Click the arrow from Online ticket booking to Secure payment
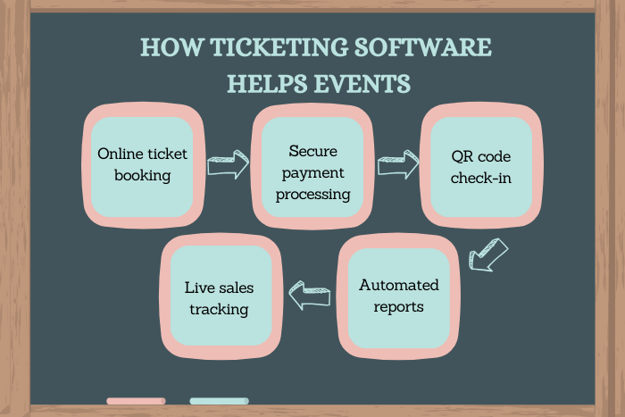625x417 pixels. click(228, 165)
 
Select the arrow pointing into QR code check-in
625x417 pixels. click(398, 165)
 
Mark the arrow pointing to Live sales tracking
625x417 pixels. click(309, 295)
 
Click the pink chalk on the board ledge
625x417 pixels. click(136, 401)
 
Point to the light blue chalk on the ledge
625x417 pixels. click(219, 401)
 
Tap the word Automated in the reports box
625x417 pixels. click(399, 286)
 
